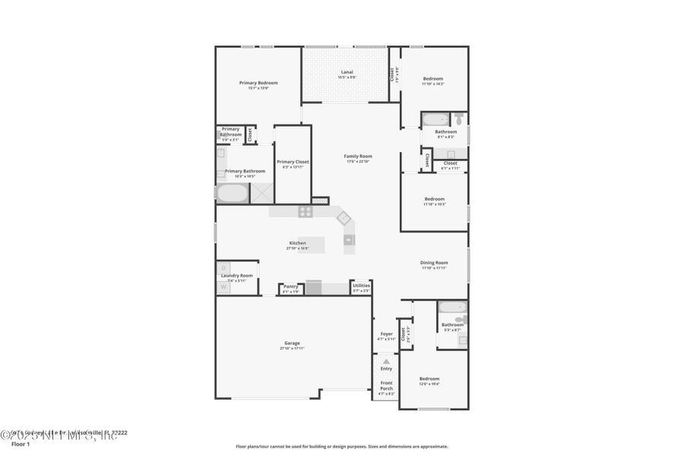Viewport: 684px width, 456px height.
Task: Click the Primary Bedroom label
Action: point(258,83)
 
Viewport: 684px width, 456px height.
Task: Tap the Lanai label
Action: point(346,73)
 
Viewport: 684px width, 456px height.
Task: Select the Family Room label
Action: point(357,156)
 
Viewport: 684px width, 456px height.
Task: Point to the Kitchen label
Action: point(297,243)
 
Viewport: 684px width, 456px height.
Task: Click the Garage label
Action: point(293,343)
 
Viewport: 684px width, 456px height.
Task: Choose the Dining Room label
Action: point(434,263)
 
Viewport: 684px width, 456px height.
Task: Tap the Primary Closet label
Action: point(293,162)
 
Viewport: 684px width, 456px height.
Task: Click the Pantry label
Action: point(291,287)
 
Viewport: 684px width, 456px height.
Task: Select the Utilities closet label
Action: point(361,286)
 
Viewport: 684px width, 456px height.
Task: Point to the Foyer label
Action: point(386,334)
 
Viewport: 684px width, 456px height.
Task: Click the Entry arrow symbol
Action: point(386,361)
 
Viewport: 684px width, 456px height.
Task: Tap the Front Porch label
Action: point(386,385)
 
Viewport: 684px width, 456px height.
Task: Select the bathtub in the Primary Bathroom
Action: point(233,193)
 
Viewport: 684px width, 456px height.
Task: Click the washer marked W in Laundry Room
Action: point(224,287)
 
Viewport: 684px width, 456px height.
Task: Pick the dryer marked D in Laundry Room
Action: point(224,268)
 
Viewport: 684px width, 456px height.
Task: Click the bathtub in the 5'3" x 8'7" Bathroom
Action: point(453,309)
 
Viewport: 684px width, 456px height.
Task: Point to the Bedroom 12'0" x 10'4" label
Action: point(429,378)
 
